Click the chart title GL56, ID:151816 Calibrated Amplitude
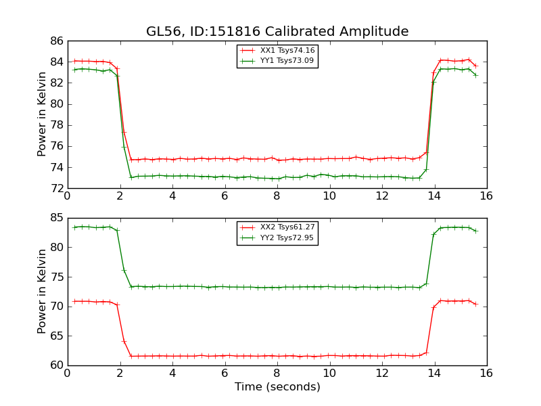pyautogui.click(x=277, y=32)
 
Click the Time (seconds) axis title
pyautogui.click(x=277, y=387)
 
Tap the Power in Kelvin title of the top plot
pyautogui.click(x=42, y=114)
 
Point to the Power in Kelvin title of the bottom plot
pyautogui.click(x=42, y=291)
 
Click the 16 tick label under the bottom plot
pyautogui.click(x=486, y=373)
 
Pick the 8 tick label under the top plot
pyautogui.click(x=277, y=196)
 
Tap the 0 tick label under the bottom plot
pyautogui.click(x=67, y=373)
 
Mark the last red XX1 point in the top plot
pyautogui.click(x=475, y=66)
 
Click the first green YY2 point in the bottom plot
pyautogui.click(x=74, y=227)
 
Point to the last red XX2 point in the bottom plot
pyautogui.click(x=475, y=304)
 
